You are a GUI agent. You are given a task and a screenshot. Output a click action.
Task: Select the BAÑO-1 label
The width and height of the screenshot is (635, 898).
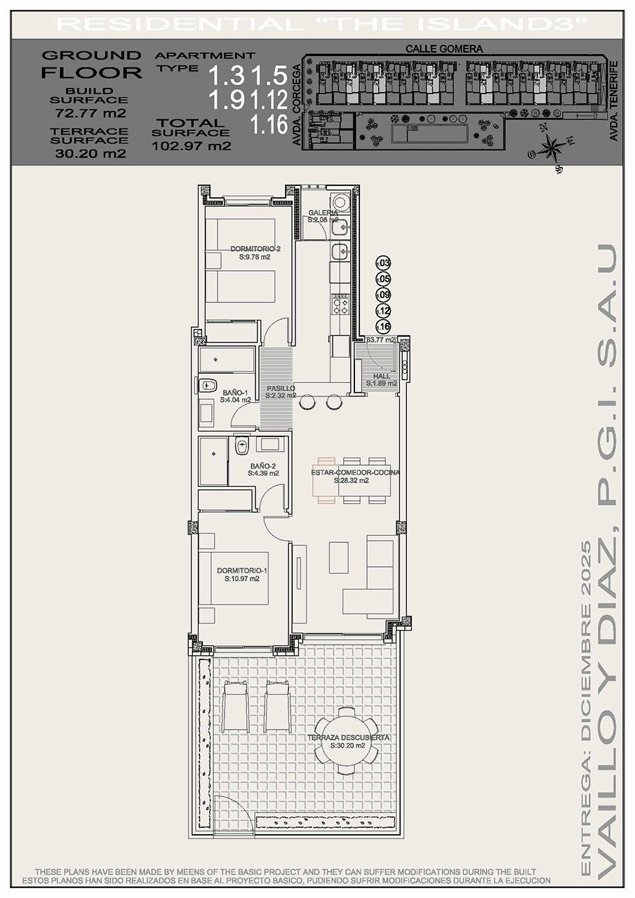tap(235, 393)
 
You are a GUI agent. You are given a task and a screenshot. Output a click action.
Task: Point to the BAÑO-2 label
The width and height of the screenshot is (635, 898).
tap(262, 465)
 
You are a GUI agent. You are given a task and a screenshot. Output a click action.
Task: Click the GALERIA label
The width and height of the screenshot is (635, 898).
tap(323, 213)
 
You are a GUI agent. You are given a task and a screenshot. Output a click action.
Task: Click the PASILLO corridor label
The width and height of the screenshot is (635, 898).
tap(280, 388)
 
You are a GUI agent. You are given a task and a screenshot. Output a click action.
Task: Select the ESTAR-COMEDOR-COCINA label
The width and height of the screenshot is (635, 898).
tap(355, 473)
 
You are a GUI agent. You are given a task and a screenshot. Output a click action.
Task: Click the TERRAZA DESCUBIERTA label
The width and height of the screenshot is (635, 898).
tap(348, 738)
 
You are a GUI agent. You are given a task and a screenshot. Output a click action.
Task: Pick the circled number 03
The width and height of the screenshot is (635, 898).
tap(383, 263)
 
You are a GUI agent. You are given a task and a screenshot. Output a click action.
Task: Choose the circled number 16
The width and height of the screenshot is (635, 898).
tap(383, 327)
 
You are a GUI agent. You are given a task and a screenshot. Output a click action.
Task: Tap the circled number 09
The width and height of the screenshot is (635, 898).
tap(383, 295)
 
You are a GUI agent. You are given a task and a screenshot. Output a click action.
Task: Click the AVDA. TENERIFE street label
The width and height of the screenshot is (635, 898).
tap(614, 102)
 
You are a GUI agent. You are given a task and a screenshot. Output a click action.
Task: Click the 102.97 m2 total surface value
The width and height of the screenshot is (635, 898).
tap(191, 146)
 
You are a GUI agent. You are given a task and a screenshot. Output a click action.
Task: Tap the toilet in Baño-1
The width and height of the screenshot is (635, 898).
tap(208, 385)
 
